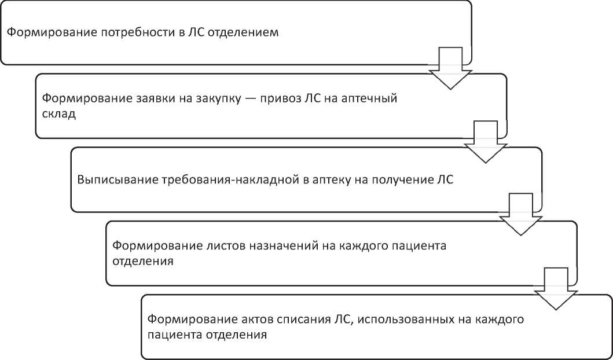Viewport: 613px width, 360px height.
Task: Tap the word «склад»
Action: pyautogui.click(x=59, y=115)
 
